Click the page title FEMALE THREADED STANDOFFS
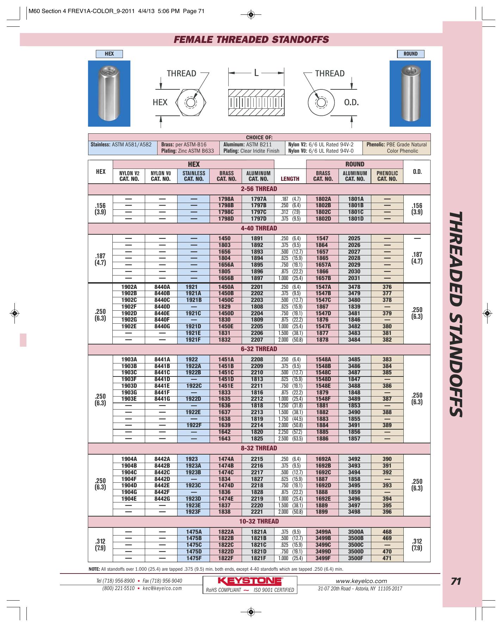251,39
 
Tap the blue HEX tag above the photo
109,54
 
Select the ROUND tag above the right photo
410,54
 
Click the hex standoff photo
109,94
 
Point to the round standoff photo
410,94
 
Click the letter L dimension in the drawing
256,73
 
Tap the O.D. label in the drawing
351,102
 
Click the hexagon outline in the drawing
191,103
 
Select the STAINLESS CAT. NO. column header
194,176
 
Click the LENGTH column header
290,179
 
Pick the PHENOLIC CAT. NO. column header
387,176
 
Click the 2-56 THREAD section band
259,189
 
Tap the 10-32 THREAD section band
259,521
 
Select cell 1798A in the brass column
226,199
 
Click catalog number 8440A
162,287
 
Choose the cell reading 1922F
194,425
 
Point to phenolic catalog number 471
387,558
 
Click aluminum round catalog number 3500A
356,532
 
